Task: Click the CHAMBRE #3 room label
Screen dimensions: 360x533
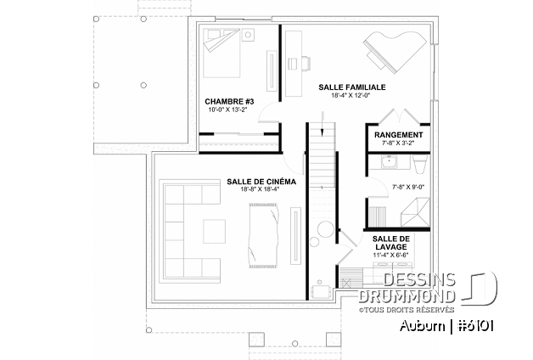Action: [223, 101]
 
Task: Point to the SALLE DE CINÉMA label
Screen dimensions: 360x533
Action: [261, 181]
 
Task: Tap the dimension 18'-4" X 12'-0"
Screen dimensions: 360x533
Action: [351, 96]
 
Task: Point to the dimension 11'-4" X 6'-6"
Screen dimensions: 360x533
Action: [391, 256]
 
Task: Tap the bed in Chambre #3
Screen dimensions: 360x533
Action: [229, 53]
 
